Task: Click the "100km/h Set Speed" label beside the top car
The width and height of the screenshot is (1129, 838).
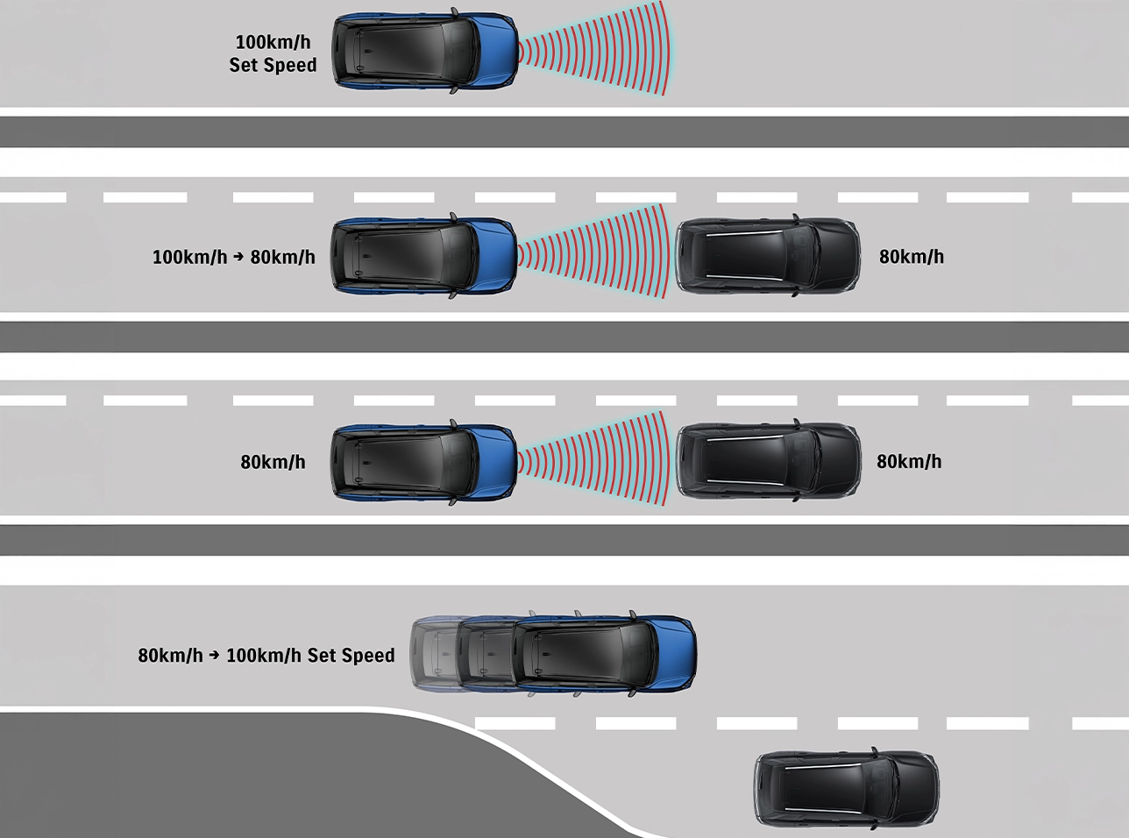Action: (x=273, y=53)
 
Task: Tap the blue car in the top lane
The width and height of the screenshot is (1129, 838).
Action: (x=425, y=50)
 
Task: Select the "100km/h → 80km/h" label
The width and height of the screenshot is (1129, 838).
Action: (x=234, y=257)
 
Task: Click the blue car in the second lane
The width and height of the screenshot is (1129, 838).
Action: (x=424, y=256)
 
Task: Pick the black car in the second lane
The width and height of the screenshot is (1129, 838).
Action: (x=768, y=256)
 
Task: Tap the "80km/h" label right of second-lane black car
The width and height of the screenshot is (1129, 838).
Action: (x=911, y=257)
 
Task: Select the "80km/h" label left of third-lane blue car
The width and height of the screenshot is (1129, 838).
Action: (x=273, y=462)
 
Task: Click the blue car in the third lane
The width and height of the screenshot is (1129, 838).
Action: (x=424, y=462)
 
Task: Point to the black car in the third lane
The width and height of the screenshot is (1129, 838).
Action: (x=768, y=461)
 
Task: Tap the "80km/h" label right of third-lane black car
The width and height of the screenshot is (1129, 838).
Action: (x=909, y=462)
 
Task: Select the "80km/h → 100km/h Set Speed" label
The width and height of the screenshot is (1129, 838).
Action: (x=266, y=655)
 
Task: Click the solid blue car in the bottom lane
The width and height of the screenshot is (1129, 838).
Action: (x=604, y=654)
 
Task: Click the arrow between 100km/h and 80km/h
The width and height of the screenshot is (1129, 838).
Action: (x=238, y=257)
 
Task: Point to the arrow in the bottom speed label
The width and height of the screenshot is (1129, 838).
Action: (x=214, y=655)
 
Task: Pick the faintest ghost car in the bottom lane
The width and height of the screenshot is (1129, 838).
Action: (x=436, y=654)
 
